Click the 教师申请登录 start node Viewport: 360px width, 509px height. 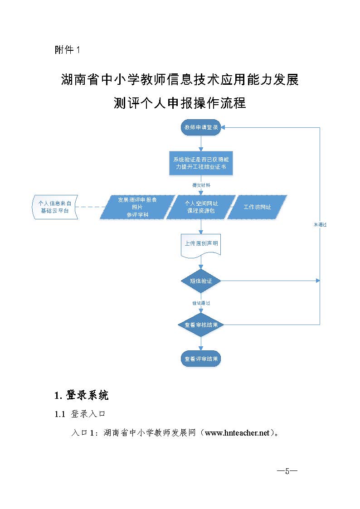pyautogui.click(x=201, y=127)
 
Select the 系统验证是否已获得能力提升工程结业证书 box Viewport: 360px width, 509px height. pyautogui.click(x=201, y=163)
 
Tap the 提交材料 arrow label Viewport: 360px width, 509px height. pyautogui.click(x=201, y=185)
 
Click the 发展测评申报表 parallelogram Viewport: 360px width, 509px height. pyautogui.click(x=137, y=207)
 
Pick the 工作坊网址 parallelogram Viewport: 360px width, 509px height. pyautogui.click(x=257, y=207)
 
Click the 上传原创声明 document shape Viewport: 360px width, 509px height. pyautogui.click(x=201, y=244)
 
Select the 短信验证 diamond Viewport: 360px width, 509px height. pyautogui.click(x=201, y=281)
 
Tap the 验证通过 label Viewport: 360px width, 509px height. pyautogui.click(x=201, y=303)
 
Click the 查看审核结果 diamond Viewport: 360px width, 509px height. pyautogui.click(x=201, y=325)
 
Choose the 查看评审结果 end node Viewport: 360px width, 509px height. pyautogui.click(x=201, y=359)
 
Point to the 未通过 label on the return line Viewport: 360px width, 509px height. pyautogui.click(x=320, y=225)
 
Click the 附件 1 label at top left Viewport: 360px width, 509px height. pyautogui.click(x=67, y=50)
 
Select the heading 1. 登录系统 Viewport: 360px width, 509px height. pyautogui.click(x=82, y=395)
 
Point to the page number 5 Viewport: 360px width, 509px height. pyautogui.click(x=287, y=470)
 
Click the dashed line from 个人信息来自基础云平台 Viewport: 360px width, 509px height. pyautogui.click(x=91, y=207)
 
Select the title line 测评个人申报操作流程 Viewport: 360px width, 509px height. pyautogui.click(x=180, y=103)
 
